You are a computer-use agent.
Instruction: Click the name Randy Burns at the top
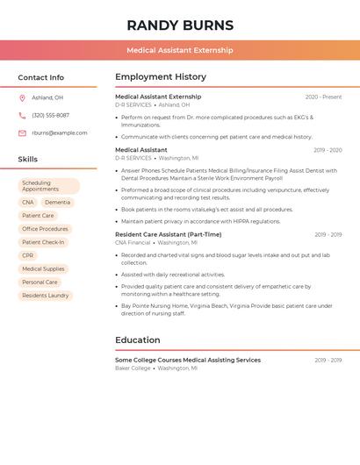pyautogui.click(x=180, y=25)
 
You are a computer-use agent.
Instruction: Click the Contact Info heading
pyautogui.click(x=41, y=77)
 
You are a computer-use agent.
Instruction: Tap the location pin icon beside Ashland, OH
pyautogui.click(x=22, y=97)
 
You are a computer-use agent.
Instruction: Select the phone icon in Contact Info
pyautogui.click(x=22, y=115)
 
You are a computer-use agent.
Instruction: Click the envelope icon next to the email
pyautogui.click(x=22, y=133)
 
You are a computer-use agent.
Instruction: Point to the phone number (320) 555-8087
pyautogui.click(x=50, y=115)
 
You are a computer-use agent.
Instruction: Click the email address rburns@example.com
pyautogui.click(x=60, y=133)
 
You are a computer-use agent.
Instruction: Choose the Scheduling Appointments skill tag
pyautogui.click(x=48, y=186)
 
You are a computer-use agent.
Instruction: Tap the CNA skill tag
pyautogui.click(x=28, y=203)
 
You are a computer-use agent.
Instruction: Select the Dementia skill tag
pyautogui.click(x=57, y=203)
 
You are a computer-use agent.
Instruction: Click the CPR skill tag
pyautogui.click(x=28, y=255)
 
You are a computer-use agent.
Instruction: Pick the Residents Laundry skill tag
pyautogui.click(x=46, y=296)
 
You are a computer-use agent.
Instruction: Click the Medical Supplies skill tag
pyautogui.click(x=43, y=269)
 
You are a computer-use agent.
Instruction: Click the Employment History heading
pyautogui.click(x=161, y=77)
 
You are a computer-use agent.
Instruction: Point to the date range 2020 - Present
pyautogui.click(x=323, y=97)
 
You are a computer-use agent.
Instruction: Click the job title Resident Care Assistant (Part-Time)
pyautogui.click(x=169, y=234)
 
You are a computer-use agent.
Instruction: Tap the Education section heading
pyautogui.click(x=138, y=340)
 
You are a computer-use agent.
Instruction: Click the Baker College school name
pyautogui.click(x=133, y=368)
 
